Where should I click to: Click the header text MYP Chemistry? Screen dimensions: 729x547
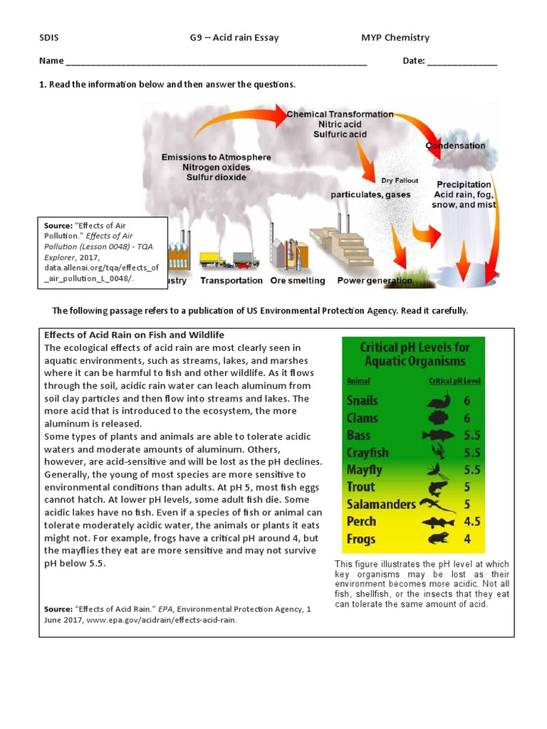click(x=395, y=38)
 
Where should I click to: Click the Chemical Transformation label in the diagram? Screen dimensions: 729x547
click(x=340, y=114)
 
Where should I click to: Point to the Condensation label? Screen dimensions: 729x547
click(x=456, y=146)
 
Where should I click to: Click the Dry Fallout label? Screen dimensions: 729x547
click(x=400, y=181)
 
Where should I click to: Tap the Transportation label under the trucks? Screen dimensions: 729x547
click(x=231, y=280)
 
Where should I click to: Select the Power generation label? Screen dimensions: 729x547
click(x=374, y=280)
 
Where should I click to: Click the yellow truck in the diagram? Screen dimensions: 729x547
click(x=212, y=259)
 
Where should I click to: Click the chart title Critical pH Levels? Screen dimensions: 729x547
click(x=415, y=354)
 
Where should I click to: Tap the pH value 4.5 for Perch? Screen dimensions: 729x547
click(x=472, y=521)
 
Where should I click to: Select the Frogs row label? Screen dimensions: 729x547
click(x=361, y=539)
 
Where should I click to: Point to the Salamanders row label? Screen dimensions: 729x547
click(x=381, y=504)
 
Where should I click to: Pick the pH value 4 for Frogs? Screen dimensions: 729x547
click(x=467, y=539)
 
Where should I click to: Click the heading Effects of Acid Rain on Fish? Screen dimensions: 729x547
click(x=134, y=335)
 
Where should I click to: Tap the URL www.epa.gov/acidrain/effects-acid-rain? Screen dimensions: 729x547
click(x=161, y=620)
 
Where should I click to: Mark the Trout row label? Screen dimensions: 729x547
click(x=360, y=487)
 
